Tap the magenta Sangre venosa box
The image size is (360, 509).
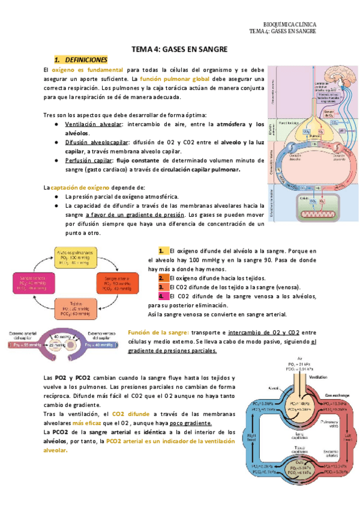[34, 282]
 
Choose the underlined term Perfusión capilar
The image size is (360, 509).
[89, 160]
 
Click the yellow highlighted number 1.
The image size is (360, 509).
[161, 251]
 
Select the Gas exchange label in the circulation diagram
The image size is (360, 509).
[336, 395]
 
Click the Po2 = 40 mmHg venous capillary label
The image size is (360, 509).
[100, 346]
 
